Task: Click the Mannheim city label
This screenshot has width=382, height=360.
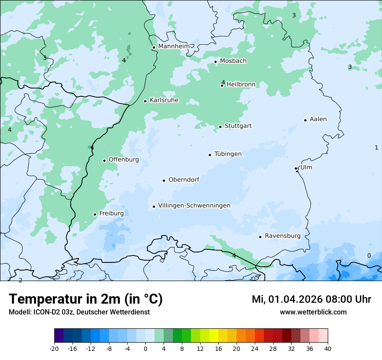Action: pyautogui.click(x=174, y=46)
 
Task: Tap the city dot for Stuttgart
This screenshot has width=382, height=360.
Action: pyautogui.click(x=220, y=127)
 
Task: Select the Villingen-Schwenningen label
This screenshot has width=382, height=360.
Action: pyautogui.click(x=194, y=206)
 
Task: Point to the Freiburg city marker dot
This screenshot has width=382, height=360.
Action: pyautogui.click(x=95, y=214)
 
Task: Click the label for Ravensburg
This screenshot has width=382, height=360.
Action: pyautogui.click(x=282, y=236)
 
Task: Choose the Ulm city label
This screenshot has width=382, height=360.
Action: pyautogui.click(x=306, y=167)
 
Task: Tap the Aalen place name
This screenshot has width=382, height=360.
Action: pyautogui.click(x=318, y=119)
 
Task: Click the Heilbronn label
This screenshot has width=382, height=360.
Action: pyautogui.click(x=241, y=85)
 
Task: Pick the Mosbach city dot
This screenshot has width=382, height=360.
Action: pyautogui.click(x=215, y=62)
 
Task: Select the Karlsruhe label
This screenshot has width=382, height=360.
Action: pyautogui.click(x=164, y=100)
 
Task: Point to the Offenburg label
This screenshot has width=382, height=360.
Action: pyautogui.click(x=124, y=160)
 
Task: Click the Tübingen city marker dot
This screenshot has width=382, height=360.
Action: pyautogui.click(x=210, y=155)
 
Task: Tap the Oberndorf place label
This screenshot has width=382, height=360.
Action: pyautogui.click(x=184, y=180)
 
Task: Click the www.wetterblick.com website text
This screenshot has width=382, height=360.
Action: pyautogui.click(x=313, y=312)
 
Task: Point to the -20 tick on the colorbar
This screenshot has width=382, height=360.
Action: pyautogui.click(x=54, y=348)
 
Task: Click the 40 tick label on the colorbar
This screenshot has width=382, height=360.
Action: pyautogui.click(x=328, y=348)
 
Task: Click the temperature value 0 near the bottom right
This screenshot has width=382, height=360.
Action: pyautogui.click(x=369, y=255)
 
